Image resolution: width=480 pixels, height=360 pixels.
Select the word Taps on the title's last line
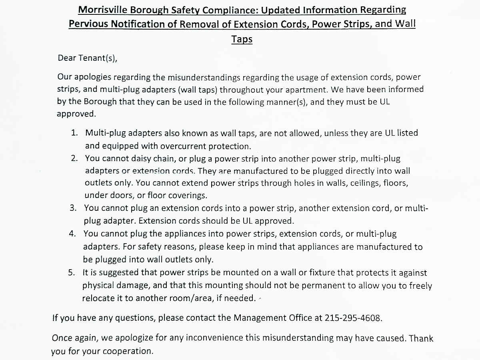(x=242, y=39)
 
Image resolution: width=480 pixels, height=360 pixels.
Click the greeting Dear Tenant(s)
(x=88, y=58)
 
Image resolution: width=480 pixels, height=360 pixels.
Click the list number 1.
(x=74, y=133)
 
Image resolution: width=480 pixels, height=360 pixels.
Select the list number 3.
(x=73, y=208)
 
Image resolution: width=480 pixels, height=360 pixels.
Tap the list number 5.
(x=72, y=273)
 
